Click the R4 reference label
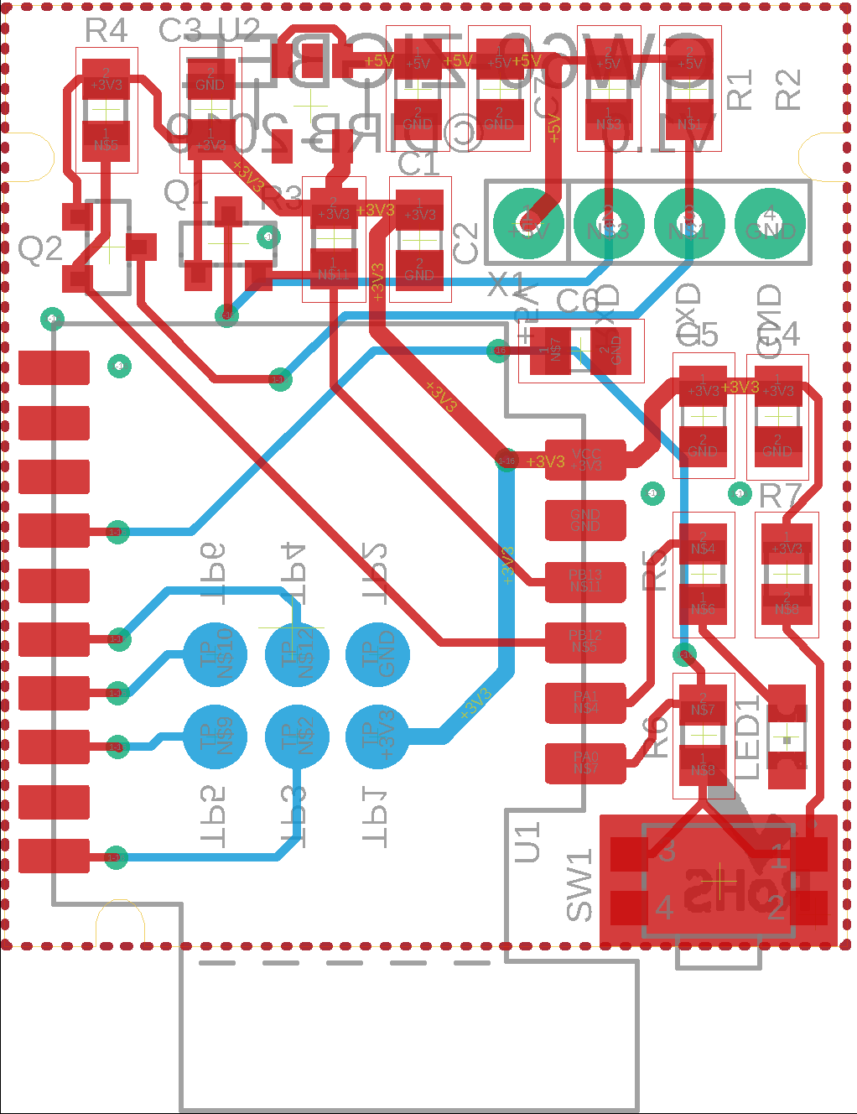tap(106, 31)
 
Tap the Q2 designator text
tap(40, 249)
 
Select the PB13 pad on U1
tap(585, 581)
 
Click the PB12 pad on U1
tap(585, 643)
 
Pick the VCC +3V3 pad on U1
tap(585, 460)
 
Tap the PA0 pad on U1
tap(585, 763)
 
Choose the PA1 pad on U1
tap(585, 703)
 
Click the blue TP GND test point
tap(377, 655)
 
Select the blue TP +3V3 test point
tap(377, 737)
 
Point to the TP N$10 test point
tap(215, 655)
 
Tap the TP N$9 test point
tap(215, 737)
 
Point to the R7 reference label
tap(780, 497)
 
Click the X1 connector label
tap(506, 285)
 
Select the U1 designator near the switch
tap(527, 843)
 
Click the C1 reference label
tap(418, 164)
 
